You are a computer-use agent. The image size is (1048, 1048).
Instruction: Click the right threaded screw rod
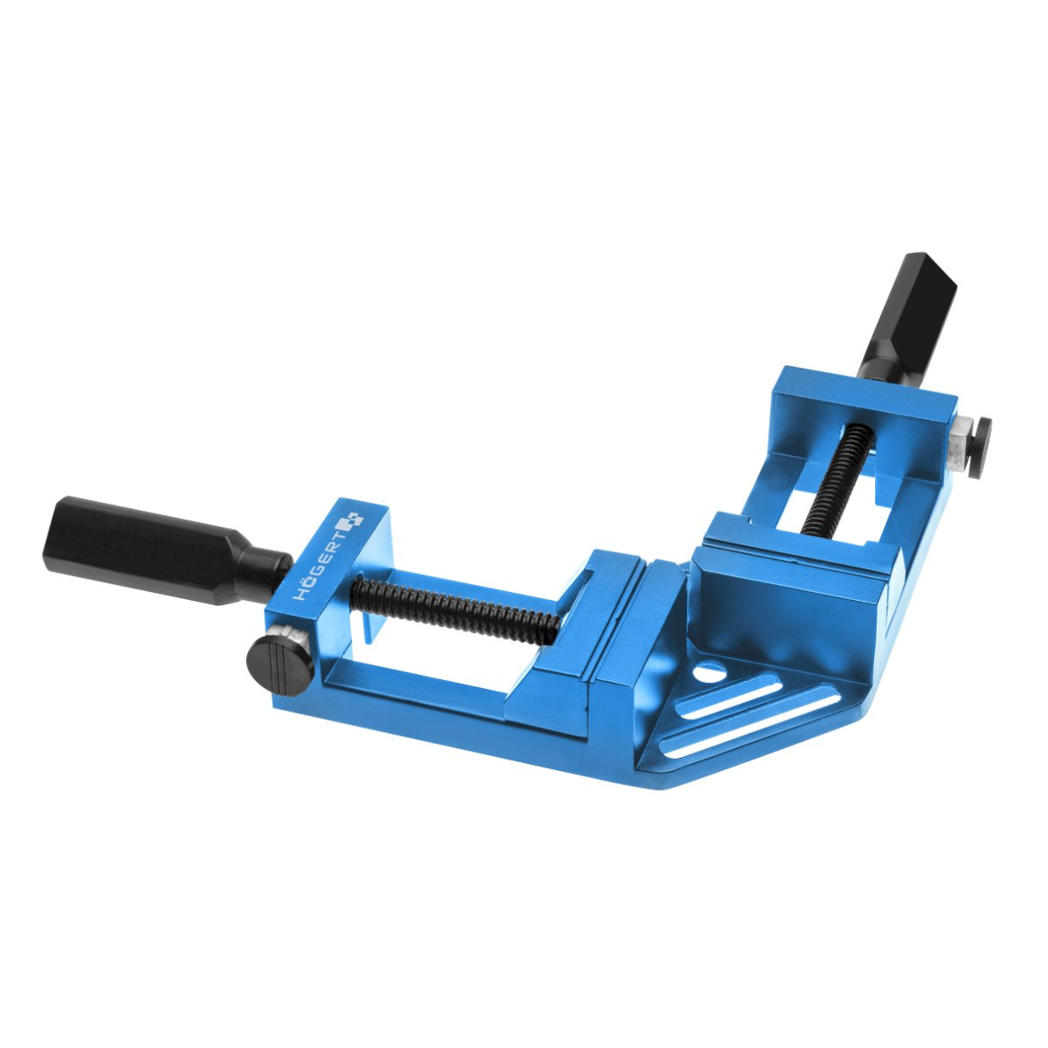(x=838, y=477)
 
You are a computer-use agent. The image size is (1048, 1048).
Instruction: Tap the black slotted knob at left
(x=280, y=656)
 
